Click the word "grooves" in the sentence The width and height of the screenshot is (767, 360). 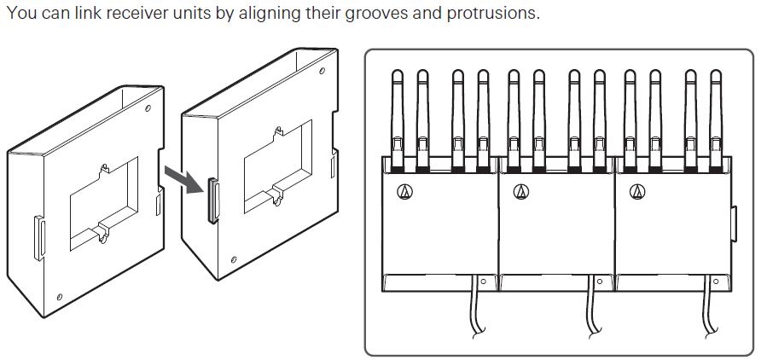click(x=376, y=13)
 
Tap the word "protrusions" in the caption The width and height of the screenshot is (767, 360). click(x=492, y=14)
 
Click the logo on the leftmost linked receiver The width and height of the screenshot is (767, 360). click(x=405, y=192)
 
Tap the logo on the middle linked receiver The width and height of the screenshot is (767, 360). click(x=521, y=192)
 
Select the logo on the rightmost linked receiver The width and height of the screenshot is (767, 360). click(x=637, y=192)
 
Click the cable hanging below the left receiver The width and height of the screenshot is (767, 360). click(x=475, y=307)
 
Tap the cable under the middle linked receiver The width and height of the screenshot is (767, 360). click(x=592, y=307)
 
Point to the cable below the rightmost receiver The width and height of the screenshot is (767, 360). click(x=708, y=307)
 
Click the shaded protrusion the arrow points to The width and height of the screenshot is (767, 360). click(x=213, y=200)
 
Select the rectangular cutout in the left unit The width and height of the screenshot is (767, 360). click(x=104, y=203)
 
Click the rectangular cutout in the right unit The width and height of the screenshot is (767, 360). click(x=278, y=166)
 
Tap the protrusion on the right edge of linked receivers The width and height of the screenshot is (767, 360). click(x=734, y=224)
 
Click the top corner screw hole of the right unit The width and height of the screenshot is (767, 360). click(x=322, y=71)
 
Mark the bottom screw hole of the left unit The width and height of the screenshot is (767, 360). click(x=60, y=297)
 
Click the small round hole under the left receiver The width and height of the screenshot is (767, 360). click(x=483, y=282)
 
